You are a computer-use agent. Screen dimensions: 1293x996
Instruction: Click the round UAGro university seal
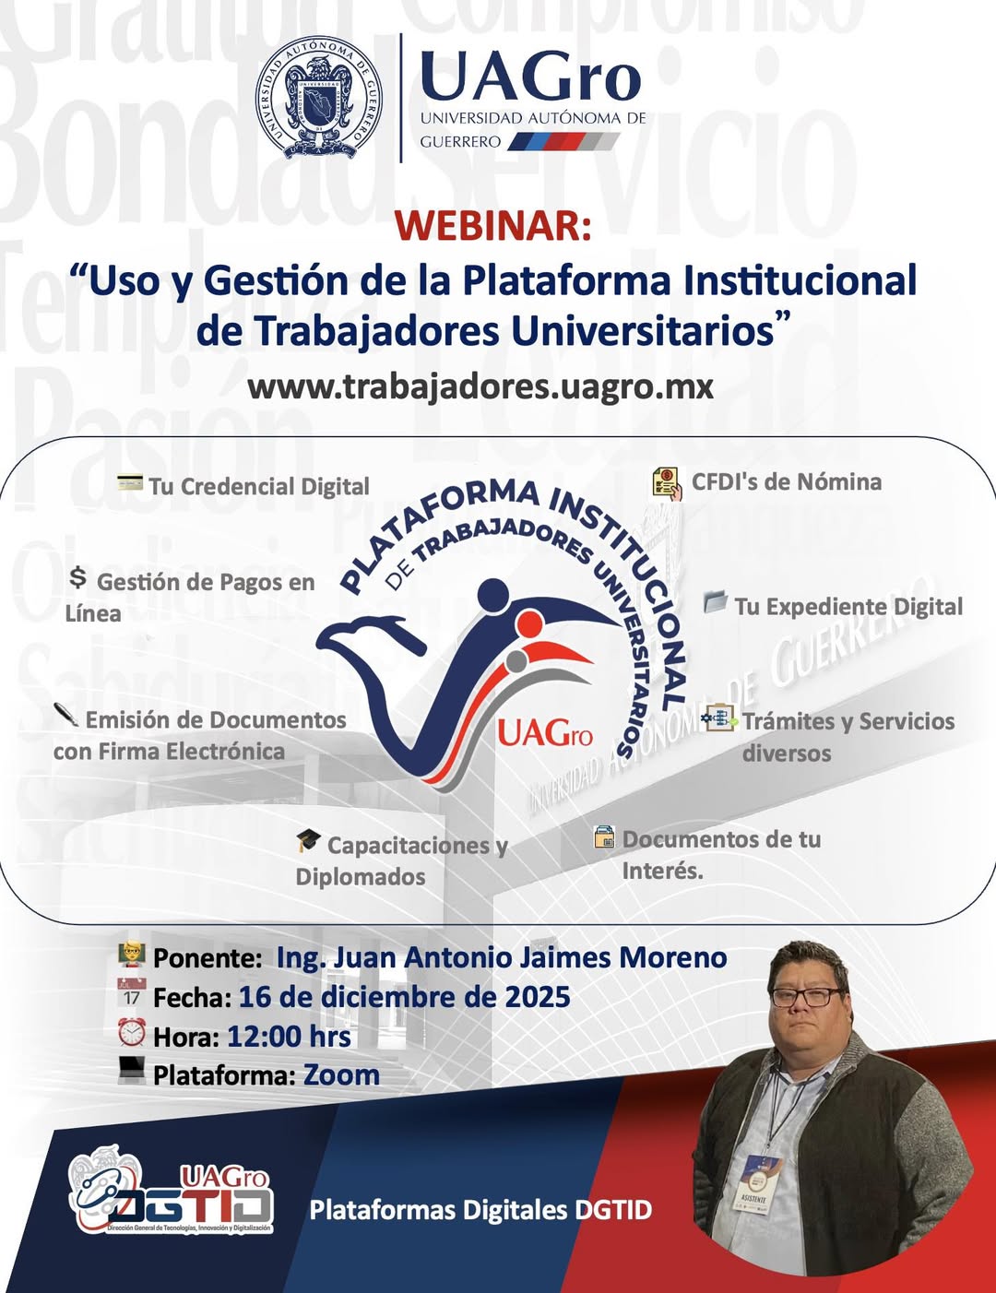pyautogui.click(x=319, y=98)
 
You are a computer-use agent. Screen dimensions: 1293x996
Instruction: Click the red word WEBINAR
pyautogui.click(x=493, y=225)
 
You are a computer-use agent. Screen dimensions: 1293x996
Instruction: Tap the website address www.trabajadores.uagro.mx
pyautogui.click(x=480, y=386)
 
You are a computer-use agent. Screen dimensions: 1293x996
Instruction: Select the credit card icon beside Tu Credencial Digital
pyautogui.click(x=130, y=482)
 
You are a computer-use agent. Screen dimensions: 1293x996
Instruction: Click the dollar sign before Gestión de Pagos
pyautogui.click(x=78, y=578)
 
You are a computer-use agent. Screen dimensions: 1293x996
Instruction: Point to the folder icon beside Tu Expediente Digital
pyautogui.click(x=716, y=602)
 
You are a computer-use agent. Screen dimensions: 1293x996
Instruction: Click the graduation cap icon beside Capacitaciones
pyautogui.click(x=308, y=840)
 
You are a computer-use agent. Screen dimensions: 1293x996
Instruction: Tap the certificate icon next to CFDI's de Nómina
pyautogui.click(x=667, y=482)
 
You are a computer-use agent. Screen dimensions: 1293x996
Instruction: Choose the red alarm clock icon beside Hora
pyautogui.click(x=132, y=1032)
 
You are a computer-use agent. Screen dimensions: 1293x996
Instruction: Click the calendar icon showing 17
pyautogui.click(x=132, y=992)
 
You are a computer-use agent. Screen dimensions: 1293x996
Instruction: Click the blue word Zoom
pyautogui.click(x=341, y=1075)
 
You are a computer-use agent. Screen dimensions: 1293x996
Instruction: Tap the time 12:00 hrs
pyautogui.click(x=289, y=1037)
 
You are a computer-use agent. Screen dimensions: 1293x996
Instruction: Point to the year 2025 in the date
pyautogui.click(x=538, y=997)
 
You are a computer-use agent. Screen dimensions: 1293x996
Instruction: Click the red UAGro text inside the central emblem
pyautogui.click(x=545, y=734)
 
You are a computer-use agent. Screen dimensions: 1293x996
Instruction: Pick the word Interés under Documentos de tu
pyautogui.click(x=662, y=871)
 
